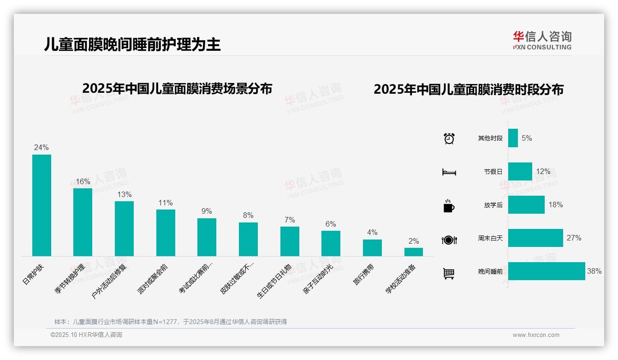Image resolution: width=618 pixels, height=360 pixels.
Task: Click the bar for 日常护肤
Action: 42,205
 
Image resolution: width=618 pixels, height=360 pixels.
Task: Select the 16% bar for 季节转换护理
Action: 83,222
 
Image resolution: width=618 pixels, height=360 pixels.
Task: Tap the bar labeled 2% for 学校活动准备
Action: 414,252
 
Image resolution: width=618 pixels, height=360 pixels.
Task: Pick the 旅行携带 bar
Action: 372,248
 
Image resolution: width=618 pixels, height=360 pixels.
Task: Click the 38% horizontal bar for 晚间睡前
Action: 547,271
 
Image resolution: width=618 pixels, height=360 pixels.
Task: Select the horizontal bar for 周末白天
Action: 535,238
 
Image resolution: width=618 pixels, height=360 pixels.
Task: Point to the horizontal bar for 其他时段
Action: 513,138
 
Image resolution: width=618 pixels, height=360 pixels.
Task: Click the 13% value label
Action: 124,195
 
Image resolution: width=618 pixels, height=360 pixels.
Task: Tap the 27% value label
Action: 574,238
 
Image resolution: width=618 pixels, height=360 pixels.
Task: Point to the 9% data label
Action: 207,211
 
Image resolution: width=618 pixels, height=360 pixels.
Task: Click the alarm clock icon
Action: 449,138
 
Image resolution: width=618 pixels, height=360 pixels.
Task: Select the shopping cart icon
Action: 449,274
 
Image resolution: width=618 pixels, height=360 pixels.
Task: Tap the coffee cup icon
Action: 449,206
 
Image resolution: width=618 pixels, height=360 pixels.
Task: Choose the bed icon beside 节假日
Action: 449,172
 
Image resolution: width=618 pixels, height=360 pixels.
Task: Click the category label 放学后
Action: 493,205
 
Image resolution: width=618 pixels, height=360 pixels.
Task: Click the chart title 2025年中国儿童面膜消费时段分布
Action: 469,90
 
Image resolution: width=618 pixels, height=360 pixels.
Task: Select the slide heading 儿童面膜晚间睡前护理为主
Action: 132,44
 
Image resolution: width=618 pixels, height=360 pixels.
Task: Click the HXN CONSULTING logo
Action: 542,41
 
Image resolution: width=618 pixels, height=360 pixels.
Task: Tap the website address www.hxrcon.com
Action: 536,335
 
